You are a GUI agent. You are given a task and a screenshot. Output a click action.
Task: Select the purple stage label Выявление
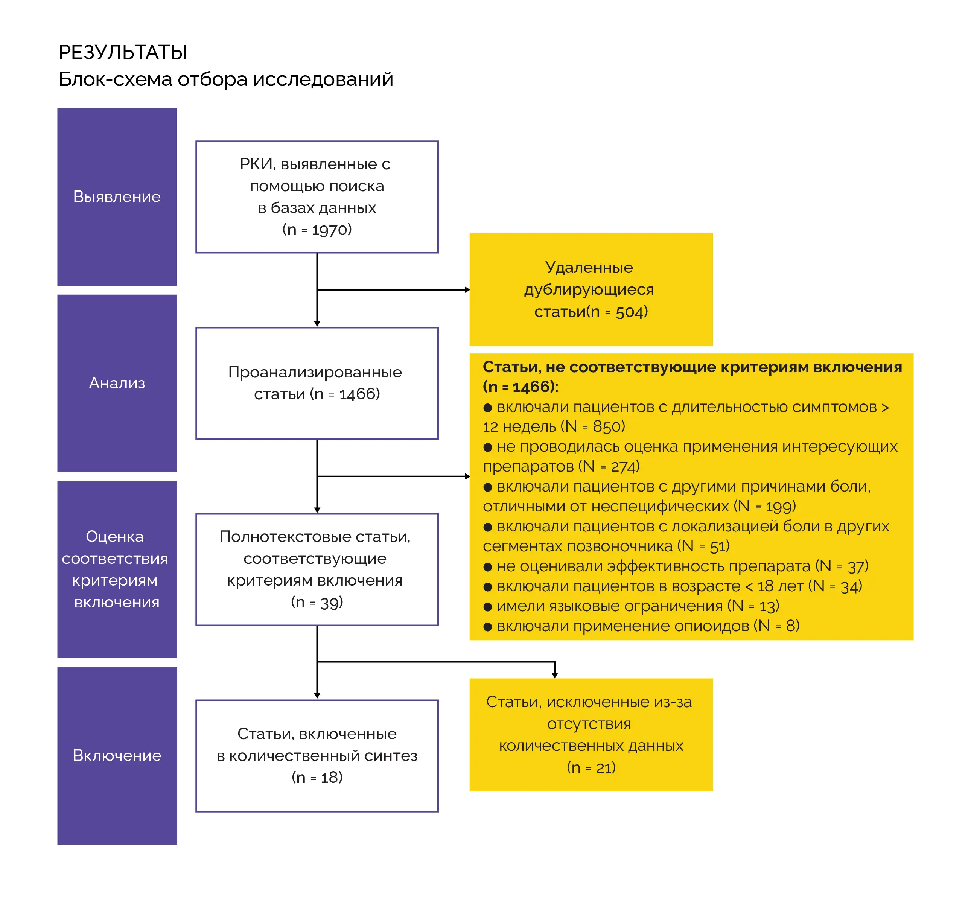[x=117, y=197]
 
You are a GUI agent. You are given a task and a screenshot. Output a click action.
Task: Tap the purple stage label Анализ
[x=117, y=383]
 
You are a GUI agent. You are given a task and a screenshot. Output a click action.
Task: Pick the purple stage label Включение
[x=117, y=756]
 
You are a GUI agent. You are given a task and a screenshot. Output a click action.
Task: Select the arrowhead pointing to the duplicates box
[x=467, y=290]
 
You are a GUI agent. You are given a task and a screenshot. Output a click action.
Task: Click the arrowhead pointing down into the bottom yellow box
[x=554, y=675]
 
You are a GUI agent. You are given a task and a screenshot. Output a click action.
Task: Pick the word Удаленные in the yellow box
[x=589, y=268]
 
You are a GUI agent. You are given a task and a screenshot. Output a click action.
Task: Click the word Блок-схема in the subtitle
[x=115, y=79]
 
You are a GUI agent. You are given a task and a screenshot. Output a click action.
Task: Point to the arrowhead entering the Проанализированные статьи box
[x=317, y=324]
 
